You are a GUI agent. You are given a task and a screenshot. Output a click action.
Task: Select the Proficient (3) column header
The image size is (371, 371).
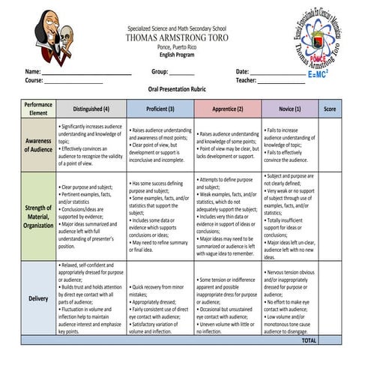(x=160, y=109)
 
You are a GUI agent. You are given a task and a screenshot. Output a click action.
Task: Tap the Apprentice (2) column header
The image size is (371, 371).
(x=228, y=109)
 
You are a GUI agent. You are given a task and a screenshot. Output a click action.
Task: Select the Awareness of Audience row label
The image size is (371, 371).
(x=38, y=145)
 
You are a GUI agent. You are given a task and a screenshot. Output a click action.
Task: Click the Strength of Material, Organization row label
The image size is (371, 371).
(x=38, y=216)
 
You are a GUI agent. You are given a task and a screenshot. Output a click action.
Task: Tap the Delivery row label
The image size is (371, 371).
(x=38, y=298)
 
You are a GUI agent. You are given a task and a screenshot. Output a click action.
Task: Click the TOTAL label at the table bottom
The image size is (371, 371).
(x=308, y=340)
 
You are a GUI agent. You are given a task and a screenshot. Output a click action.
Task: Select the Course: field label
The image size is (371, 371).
(x=34, y=79)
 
